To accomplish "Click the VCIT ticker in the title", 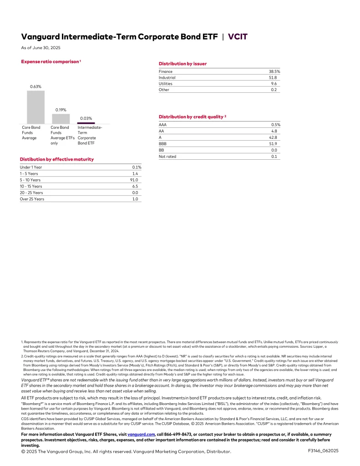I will [238, 36].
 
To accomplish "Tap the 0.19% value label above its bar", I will [61, 110].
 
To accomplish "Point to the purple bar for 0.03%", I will [86, 123].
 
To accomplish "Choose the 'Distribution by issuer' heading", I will [183, 64].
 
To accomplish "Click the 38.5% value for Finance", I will [274, 72].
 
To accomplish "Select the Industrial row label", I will [167, 78].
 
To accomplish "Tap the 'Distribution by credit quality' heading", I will [191, 117].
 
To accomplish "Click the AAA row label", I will [162, 125].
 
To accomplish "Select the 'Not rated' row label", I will [167, 157].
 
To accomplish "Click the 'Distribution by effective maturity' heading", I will [57, 159].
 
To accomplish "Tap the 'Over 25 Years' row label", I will [32, 199].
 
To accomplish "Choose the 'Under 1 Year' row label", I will [31, 167].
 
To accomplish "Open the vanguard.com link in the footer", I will [142, 435].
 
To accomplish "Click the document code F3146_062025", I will [323, 451].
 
